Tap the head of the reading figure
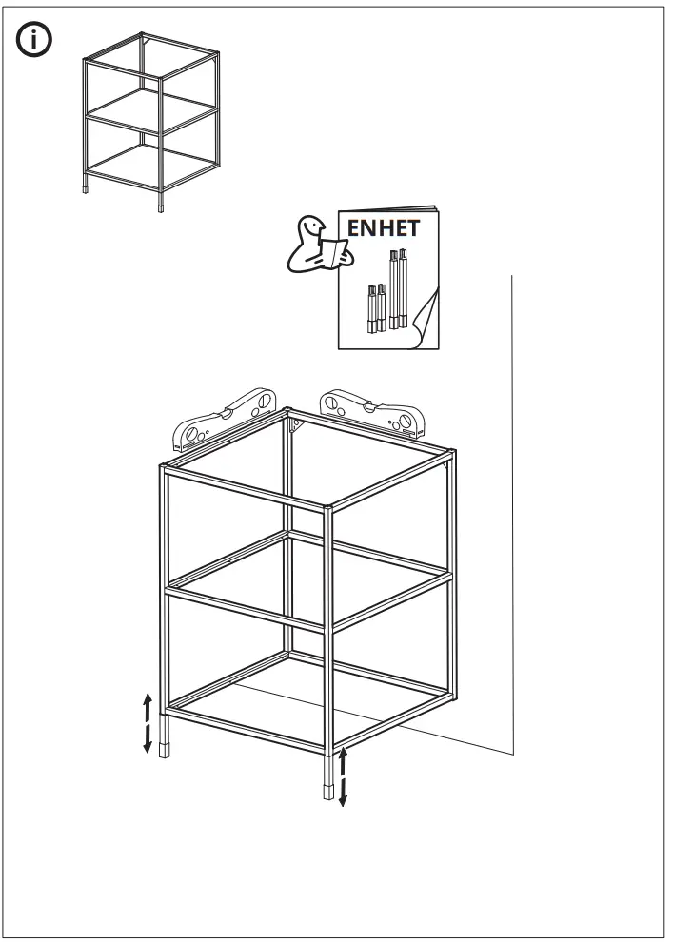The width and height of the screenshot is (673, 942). [x=310, y=227]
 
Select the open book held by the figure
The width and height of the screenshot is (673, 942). [x=334, y=252]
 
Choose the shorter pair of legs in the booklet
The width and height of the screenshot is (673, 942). [x=374, y=306]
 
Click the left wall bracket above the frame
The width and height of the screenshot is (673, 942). [x=223, y=418]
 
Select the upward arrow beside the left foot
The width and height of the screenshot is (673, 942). [x=148, y=708]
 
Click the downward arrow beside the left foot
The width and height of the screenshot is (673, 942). [x=148, y=738]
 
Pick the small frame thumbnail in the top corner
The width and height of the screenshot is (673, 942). [x=151, y=119]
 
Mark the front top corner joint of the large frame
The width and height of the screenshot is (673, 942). [x=329, y=510]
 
